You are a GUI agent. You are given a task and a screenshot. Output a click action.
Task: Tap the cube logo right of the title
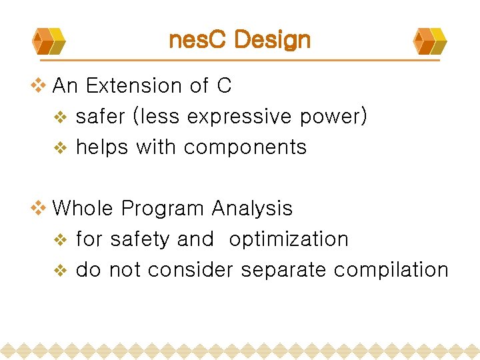(430, 41)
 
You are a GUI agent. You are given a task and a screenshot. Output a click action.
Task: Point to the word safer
(101, 117)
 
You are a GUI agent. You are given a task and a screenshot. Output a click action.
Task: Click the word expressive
(239, 117)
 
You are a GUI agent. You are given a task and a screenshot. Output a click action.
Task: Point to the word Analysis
(252, 209)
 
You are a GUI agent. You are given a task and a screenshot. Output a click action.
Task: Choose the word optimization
(289, 239)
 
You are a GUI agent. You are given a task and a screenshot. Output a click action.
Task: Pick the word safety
(138, 239)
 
